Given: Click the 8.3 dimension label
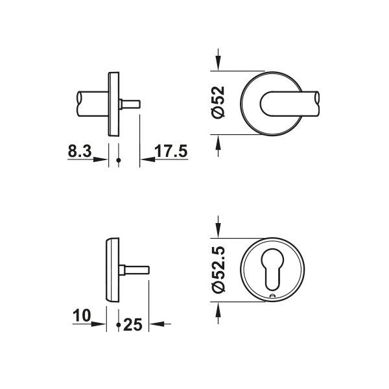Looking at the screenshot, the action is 80,151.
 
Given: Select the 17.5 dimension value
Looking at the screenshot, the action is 171,151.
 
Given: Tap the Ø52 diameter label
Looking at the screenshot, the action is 218,102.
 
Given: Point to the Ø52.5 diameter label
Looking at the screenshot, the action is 218,270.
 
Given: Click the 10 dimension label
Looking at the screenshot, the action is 82,316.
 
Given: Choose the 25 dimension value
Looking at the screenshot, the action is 133,325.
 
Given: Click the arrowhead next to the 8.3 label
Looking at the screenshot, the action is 100,159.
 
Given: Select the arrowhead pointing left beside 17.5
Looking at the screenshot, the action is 148,159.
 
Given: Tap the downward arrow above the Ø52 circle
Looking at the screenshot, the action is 218,60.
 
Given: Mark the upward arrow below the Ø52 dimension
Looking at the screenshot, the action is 218,146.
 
